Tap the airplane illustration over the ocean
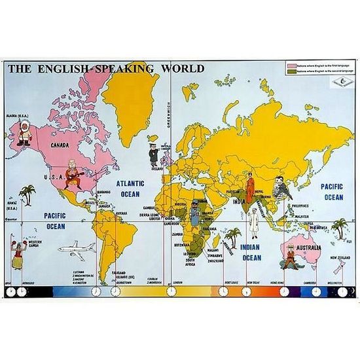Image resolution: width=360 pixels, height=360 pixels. [77, 247]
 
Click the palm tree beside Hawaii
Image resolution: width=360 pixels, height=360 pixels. [26, 194]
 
